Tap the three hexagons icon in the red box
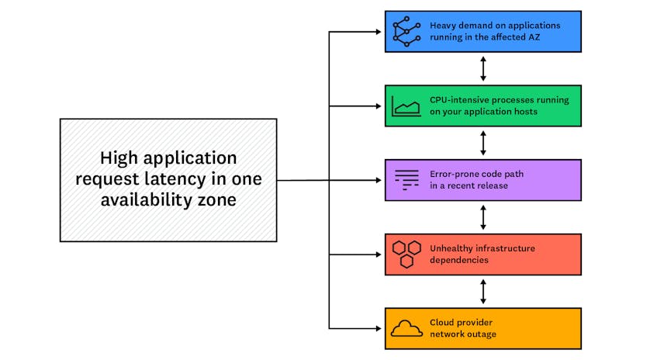pos(406,254)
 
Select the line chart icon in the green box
pos(406,106)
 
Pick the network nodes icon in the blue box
pos(406,32)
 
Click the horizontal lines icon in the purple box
pos(406,180)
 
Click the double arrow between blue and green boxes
pos(483,69)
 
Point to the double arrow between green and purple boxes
pos(483,143)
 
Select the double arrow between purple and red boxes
pos(483,217)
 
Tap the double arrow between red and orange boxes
pos(483,292)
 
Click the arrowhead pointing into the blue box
pos(379,32)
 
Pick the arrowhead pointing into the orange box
pos(379,328)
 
